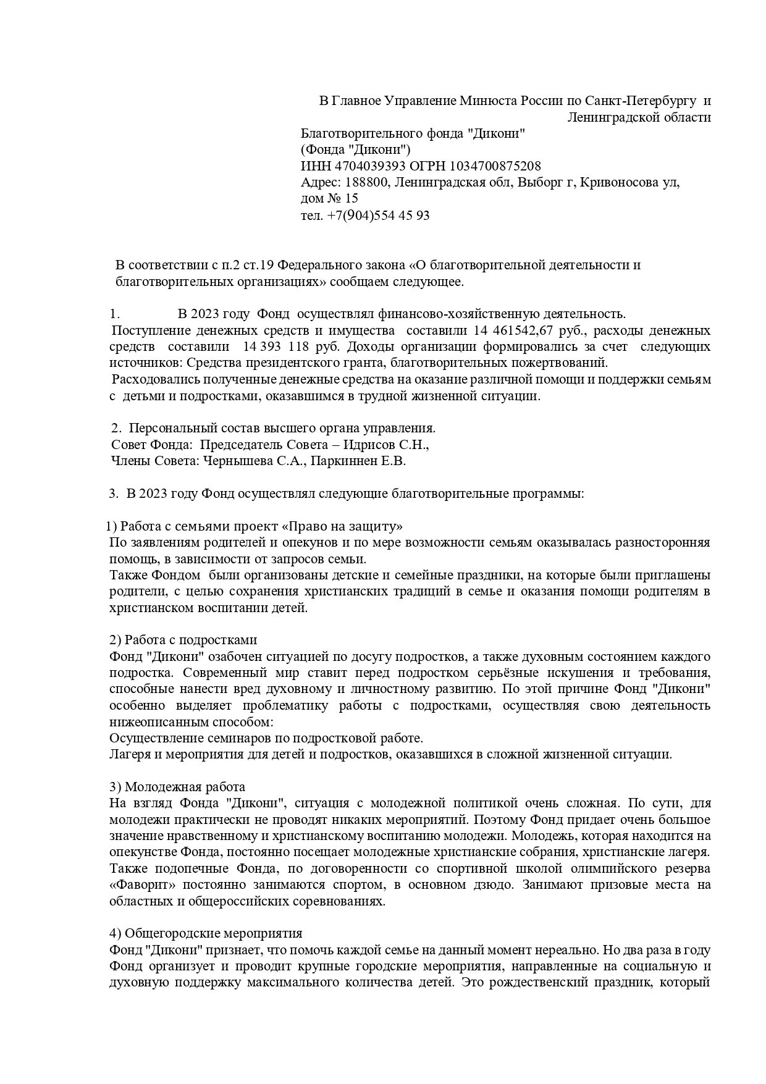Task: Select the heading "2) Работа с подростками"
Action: pyautogui.click(x=183, y=640)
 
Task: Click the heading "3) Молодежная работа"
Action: pyautogui.click(x=177, y=787)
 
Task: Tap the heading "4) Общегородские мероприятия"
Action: pyautogui.click(x=206, y=933)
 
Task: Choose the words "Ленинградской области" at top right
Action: pyautogui.click(x=639, y=117)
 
